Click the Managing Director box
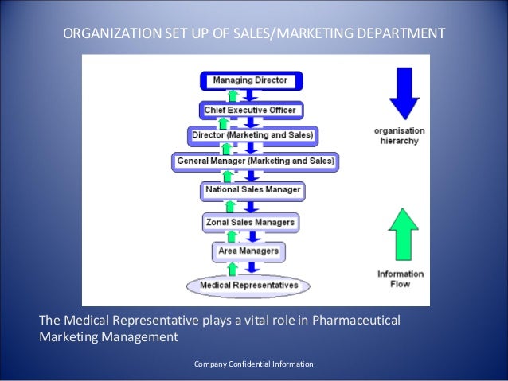(x=249, y=80)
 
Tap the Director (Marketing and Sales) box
(x=253, y=135)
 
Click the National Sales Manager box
(x=253, y=190)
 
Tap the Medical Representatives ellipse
(x=249, y=284)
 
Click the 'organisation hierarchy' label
(x=400, y=135)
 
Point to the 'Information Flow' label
(x=401, y=278)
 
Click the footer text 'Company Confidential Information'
(x=254, y=364)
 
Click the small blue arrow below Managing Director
(x=251, y=95)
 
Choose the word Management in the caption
(x=141, y=336)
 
